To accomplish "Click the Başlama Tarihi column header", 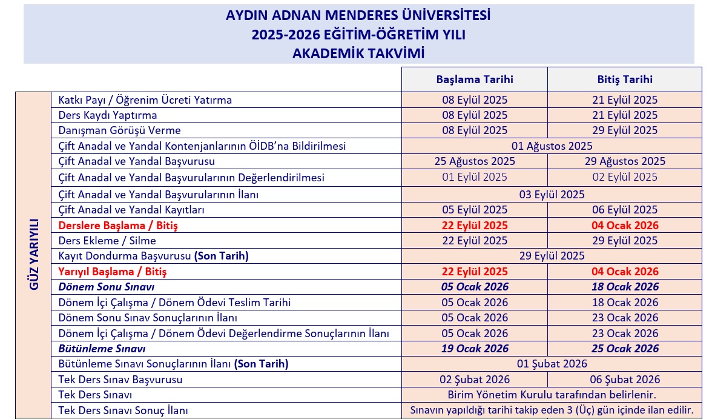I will (x=475, y=79).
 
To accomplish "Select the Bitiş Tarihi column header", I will (x=625, y=79).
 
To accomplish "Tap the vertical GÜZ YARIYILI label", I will (x=34, y=254).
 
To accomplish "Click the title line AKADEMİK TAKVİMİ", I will (x=358, y=53).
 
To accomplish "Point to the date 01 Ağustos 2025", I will (x=552, y=146).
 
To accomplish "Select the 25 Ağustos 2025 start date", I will (x=475, y=161).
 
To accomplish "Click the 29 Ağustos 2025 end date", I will (x=625, y=161).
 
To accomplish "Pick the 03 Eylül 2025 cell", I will (x=552, y=195).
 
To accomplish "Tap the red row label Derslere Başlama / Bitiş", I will (x=118, y=226).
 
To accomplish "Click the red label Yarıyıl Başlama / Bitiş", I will (x=113, y=272).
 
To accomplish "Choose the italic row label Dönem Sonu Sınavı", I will (x=107, y=287).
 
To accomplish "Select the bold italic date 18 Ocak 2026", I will (x=625, y=287).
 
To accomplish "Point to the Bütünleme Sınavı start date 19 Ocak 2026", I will (x=475, y=349).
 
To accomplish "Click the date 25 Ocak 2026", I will (x=625, y=349).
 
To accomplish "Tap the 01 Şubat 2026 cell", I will (x=552, y=364).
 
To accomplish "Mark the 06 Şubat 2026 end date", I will (x=625, y=380).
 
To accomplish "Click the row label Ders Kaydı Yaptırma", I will (x=108, y=115).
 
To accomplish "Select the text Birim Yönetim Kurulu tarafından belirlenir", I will (x=552, y=395).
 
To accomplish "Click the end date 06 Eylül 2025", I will (x=625, y=210).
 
